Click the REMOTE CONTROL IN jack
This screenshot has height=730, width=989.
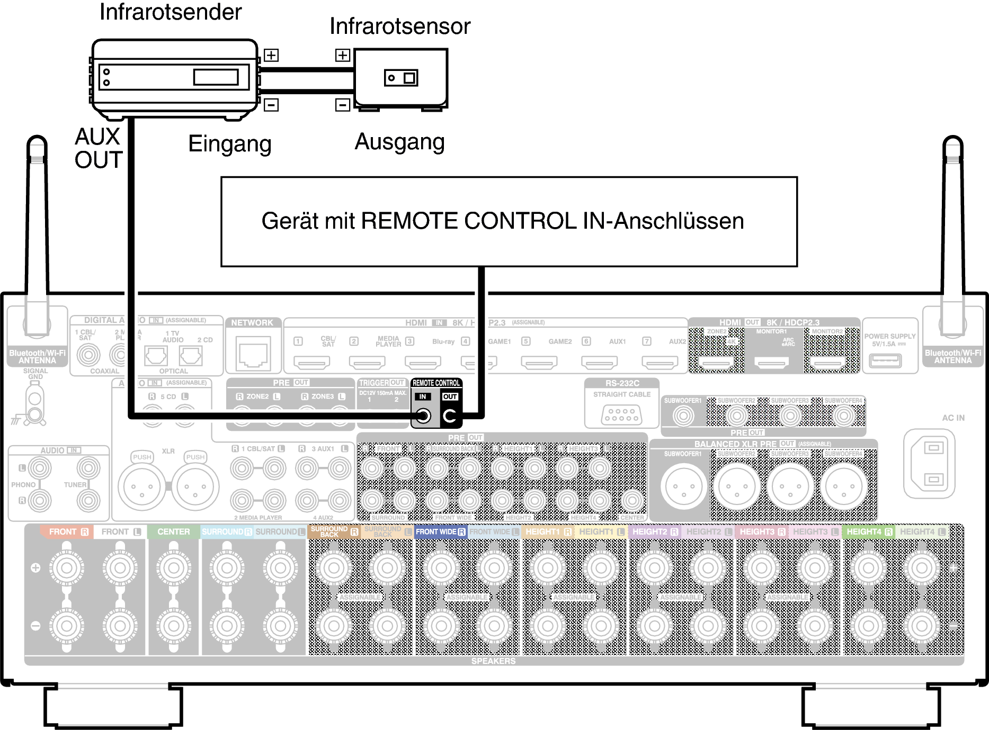423,416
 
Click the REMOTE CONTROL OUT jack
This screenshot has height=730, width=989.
450,416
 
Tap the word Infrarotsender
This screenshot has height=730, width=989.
171,12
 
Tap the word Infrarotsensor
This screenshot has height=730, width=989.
400,26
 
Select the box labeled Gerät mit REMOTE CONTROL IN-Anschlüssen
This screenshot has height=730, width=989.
509,221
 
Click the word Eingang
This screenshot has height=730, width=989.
229,143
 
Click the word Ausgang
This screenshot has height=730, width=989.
399,142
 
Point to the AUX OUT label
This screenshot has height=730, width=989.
98,148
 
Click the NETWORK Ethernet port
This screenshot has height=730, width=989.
253,353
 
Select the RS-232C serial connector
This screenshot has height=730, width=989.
621,414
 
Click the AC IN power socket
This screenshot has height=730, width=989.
933,464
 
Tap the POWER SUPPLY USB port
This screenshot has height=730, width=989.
885,361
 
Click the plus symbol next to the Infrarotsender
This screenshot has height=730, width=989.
271,55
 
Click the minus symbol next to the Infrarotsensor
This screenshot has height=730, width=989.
343,105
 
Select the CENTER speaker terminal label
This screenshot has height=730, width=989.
173,531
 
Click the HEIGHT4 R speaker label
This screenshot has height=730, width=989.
869,531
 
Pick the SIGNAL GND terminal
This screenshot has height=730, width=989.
34,408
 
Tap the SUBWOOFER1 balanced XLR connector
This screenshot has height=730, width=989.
683,486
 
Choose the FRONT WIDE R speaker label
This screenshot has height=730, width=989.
440,531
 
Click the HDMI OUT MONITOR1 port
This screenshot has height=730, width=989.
771,363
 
